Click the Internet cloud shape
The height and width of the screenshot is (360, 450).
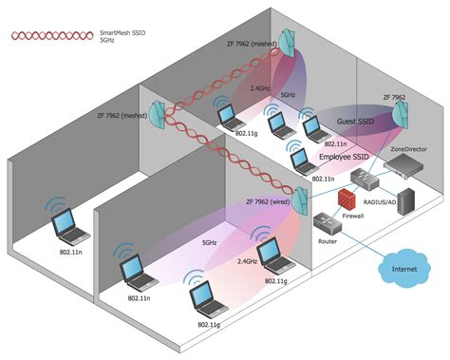(x=403, y=270)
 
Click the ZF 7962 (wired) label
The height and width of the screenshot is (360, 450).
(x=269, y=201)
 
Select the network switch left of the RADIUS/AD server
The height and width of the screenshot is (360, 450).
(x=365, y=176)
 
